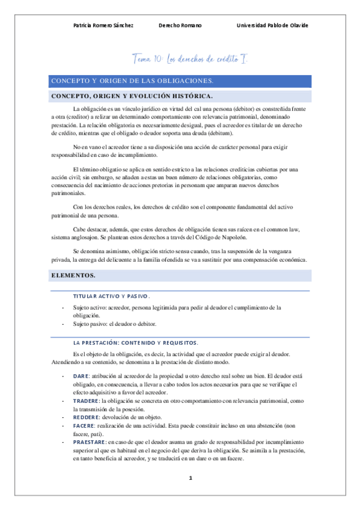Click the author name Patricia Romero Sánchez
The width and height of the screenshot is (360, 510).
coord(102,26)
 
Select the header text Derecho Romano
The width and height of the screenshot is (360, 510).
coord(180,26)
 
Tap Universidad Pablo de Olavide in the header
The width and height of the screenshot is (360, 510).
coord(272,26)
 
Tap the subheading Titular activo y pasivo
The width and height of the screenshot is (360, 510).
coord(111,296)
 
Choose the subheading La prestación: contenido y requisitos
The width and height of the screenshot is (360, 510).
coord(135,342)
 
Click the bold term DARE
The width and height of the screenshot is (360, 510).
coord(80,376)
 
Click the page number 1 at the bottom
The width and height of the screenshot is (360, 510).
coord(190,478)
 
